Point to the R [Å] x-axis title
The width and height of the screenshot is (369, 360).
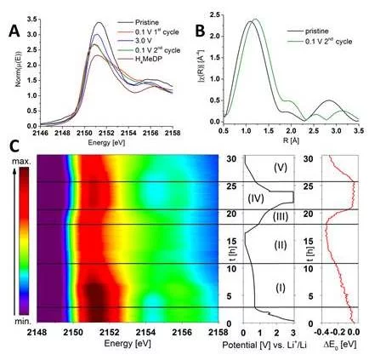294,141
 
